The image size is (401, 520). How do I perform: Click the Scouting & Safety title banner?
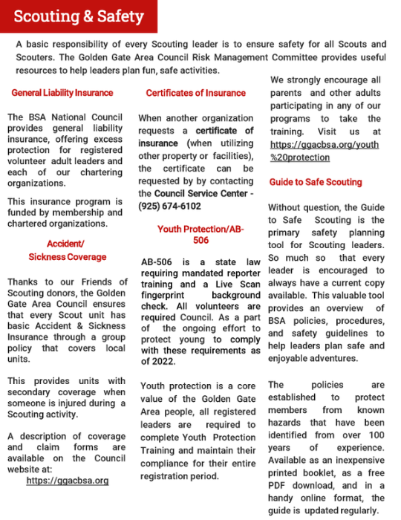77,16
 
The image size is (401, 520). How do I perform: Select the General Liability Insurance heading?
62,93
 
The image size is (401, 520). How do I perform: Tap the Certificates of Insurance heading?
195,93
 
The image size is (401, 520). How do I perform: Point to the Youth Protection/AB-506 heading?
195,235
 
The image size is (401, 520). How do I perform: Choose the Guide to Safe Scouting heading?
316,182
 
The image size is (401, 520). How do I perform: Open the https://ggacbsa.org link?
67,481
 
